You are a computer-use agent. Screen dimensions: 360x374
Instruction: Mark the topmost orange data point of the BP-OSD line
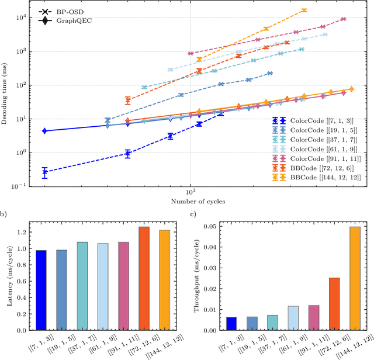pyautogui.click(x=304, y=10)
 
